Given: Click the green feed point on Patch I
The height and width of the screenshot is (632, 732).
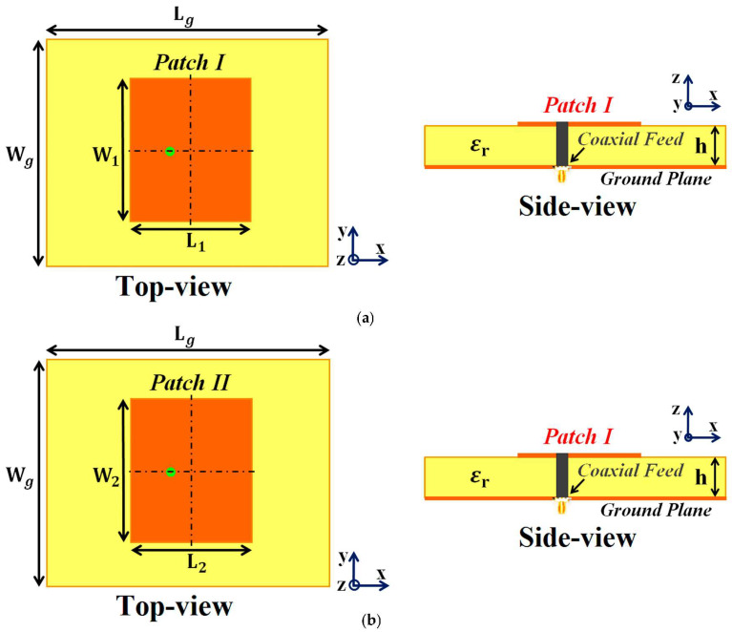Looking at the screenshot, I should tap(170, 151).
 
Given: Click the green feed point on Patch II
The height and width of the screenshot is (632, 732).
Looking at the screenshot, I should tap(170, 472).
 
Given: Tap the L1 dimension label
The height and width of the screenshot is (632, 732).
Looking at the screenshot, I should tap(195, 243).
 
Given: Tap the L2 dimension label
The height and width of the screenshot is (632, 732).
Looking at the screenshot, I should tap(195, 564).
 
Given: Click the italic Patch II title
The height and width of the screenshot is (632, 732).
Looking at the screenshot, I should tap(191, 385).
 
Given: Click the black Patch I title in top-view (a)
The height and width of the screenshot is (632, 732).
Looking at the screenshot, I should tap(190, 64).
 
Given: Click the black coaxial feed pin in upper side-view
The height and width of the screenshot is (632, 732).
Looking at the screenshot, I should tap(561, 144).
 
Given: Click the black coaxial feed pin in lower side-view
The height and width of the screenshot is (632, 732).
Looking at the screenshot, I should tap(561, 475).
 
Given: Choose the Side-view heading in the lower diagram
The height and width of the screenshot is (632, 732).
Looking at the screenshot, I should tap(577, 537).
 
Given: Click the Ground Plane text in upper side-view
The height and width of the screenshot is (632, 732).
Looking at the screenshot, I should tap(656, 179).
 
